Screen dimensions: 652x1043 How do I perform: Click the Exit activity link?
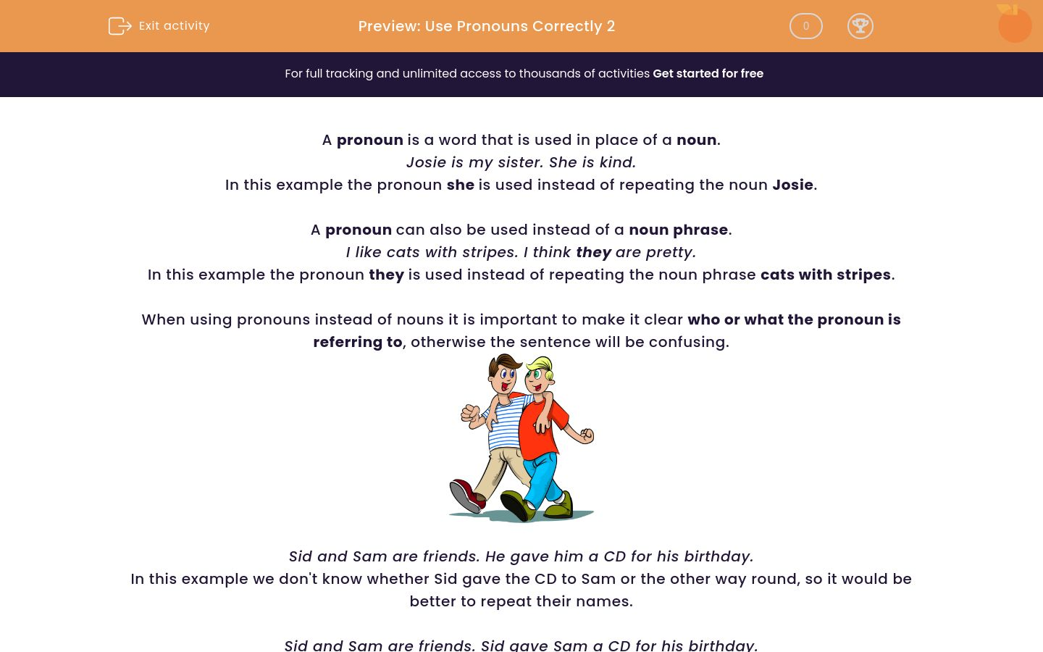point(174,26)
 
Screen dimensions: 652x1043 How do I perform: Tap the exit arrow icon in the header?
point(120,26)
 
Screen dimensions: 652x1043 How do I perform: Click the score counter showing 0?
point(805,26)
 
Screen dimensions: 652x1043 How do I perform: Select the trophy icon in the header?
point(860,26)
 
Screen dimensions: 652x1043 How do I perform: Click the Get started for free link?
point(708,74)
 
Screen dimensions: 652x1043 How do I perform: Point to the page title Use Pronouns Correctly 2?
point(486,26)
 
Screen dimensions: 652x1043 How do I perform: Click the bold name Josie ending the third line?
point(792,185)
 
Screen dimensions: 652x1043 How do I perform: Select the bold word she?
point(460,185)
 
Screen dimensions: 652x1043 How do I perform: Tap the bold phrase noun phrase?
point(678,230)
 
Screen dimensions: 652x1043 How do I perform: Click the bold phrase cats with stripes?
point(825,275)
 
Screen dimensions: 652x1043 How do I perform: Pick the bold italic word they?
point(594,252)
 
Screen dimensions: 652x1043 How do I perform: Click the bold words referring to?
point(357,342)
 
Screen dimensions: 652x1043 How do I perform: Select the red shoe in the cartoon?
point(468,496)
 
